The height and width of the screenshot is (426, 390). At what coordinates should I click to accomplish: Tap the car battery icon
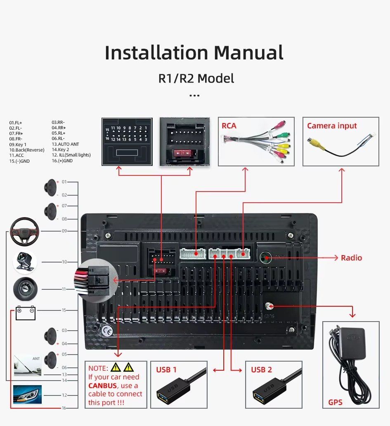pos(26,313)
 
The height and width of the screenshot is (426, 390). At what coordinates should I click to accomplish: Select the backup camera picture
pos(25,262)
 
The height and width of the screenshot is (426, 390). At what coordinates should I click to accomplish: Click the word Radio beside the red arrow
pos(351,258)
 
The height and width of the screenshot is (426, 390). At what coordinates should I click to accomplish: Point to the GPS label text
pos(335,402)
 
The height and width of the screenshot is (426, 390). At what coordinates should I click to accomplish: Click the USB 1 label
pos(166,369)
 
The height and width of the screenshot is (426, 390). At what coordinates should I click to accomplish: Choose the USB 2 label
pos(261,369)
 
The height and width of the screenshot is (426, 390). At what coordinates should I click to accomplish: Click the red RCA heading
pos(229,125)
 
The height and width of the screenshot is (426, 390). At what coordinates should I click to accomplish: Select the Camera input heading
pos(332,125)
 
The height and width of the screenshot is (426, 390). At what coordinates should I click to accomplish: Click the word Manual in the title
pos(248,53)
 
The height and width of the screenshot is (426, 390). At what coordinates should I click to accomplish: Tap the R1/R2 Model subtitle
pos(196,78)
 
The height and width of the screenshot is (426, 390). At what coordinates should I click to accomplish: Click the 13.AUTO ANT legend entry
pos(65,144)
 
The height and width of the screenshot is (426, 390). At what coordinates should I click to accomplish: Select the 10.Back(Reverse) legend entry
pos(26,150)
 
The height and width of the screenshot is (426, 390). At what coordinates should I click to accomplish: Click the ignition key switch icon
pos(25,289)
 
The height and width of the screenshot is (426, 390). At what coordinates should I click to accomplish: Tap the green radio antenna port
pos(265,258)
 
